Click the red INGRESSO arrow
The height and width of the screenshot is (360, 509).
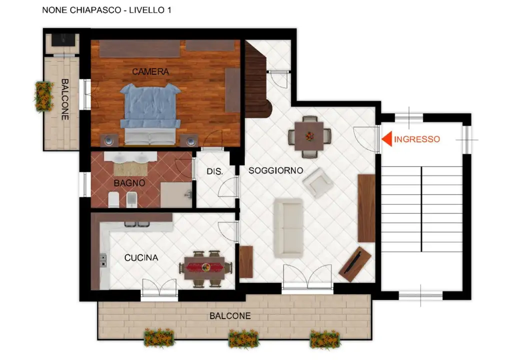386,139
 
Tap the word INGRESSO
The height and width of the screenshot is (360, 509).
417,139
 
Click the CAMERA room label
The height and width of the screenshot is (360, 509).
150,71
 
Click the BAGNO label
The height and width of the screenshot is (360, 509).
129,183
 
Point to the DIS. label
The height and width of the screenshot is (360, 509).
214,171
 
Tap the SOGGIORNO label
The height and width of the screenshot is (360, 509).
275,170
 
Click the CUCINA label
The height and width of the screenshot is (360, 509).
141,258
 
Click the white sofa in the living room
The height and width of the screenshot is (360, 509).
288,228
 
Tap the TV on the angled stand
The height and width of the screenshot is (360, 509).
355,263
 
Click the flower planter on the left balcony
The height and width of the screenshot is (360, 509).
43,96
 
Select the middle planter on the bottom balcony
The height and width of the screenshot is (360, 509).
244,338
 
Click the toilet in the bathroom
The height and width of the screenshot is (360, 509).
114,200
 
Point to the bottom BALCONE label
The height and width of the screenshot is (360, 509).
230,316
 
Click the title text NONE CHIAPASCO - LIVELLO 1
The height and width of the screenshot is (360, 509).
106,10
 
